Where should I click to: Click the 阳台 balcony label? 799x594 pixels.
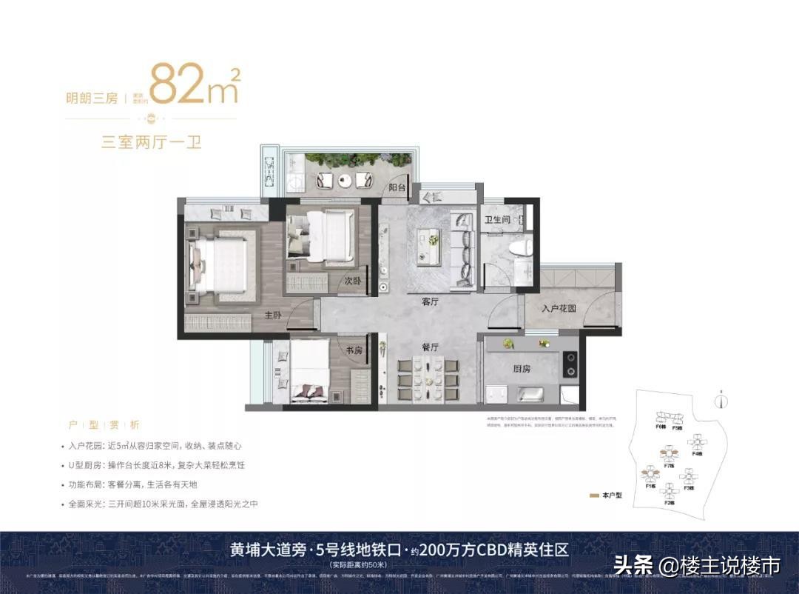click(x=398, y=188)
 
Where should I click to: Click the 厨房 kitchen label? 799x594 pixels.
click(x=524, y=368)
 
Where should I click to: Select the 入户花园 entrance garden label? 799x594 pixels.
click(x=559, y=308)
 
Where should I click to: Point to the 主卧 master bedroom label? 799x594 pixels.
click(x=274, y=315)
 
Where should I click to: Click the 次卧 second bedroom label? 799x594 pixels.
click(x=353, y=281)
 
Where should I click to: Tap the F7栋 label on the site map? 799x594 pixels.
click(x=668, y=466)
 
